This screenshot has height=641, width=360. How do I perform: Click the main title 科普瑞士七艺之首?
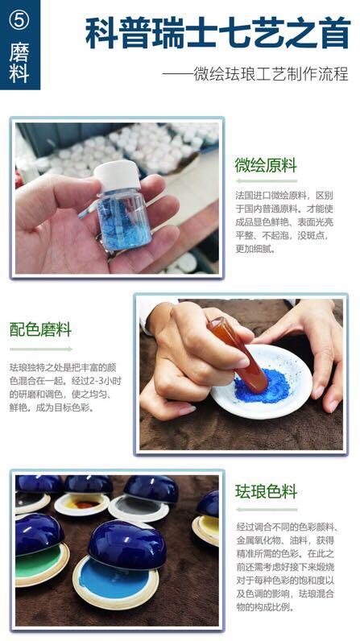pos(217,34)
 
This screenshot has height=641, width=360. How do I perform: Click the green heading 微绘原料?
pos(266,166)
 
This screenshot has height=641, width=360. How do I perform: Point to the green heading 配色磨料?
pos(40,329)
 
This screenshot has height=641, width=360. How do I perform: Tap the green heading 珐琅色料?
pos(267,491)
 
